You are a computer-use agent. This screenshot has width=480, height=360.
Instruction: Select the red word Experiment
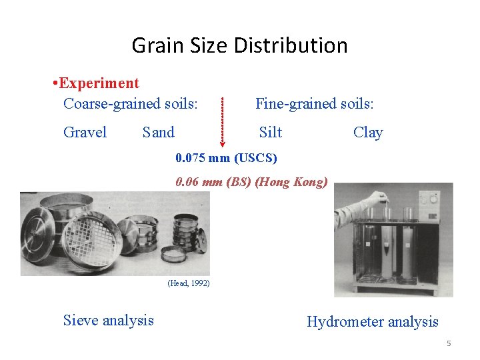pos(99,83)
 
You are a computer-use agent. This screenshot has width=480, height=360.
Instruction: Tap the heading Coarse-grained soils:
pos(130,103)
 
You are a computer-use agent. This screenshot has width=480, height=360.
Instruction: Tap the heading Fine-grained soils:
pos(315,103)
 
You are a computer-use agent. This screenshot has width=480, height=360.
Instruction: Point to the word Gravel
pos(85,132)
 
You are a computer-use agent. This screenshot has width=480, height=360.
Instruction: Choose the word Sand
pos(158,132)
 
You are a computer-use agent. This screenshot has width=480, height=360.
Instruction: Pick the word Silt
pos(270,132)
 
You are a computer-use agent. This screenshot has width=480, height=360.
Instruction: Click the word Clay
pos(367,132)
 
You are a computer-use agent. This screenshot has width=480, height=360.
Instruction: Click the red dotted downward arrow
pos(224,123)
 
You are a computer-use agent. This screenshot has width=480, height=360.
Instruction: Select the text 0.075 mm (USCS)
pos(226,158)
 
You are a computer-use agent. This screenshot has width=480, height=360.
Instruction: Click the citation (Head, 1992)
pos(189,283)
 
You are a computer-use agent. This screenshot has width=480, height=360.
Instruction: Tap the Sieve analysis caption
pos(108,320)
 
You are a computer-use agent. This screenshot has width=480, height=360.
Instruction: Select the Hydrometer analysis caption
pos(372,322)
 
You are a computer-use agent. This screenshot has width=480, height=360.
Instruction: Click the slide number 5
pos(449,343)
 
